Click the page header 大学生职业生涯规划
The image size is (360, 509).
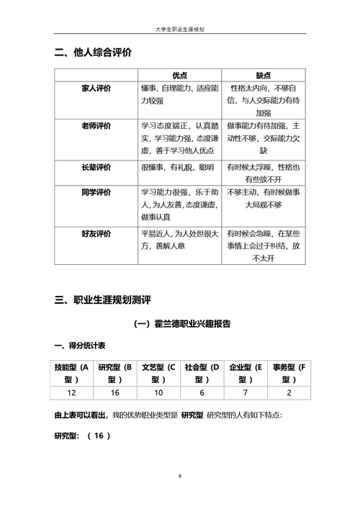[x=180, y=29]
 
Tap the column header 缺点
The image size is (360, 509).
[x=264, y=75]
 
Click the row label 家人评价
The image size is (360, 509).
[x=96, y=88]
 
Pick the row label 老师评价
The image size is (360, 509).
[x=96, y=126]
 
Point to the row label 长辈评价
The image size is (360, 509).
[x=96, y=167]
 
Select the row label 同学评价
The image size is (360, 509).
[x=96, y=192]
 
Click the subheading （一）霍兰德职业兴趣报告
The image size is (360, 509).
[x=180, y=324]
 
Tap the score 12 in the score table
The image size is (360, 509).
[x=72, y=392]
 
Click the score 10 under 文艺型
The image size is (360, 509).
[x=159, y=392]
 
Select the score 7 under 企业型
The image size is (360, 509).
[x=246, y=392]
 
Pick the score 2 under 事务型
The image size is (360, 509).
[x=289, y=392]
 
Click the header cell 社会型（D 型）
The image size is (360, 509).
[x=202, y=373]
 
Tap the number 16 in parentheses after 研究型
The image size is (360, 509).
[x=99, y=436]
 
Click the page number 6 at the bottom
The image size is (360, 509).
[x=180, y=477]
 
